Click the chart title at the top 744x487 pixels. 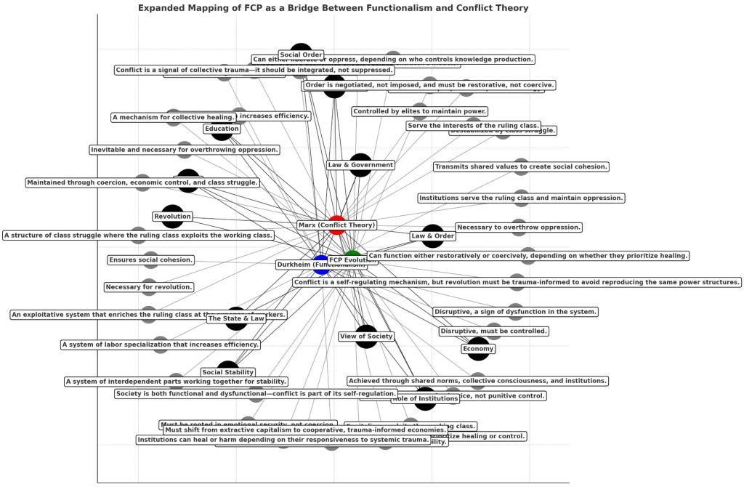click(333, 8)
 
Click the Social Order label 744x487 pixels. click(301, 55)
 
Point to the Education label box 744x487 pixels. click(222, 129)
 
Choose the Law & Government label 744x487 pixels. click(360, 165)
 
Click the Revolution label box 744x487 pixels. click(172, 217)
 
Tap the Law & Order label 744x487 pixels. click(432, 236)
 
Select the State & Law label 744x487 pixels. click(236, 318)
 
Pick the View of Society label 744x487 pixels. click(366, 337)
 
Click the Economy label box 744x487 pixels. click(478, 349)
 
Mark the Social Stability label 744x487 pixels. click(228, 373)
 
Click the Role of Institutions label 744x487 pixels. click(425, 398)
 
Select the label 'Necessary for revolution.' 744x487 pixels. click(149, 287)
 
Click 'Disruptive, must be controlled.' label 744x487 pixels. click(493, 331)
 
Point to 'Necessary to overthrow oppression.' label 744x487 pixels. click(519, 228)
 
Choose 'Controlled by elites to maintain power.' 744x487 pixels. click(419, 112)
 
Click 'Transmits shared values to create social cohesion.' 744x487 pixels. click(521, 167)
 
